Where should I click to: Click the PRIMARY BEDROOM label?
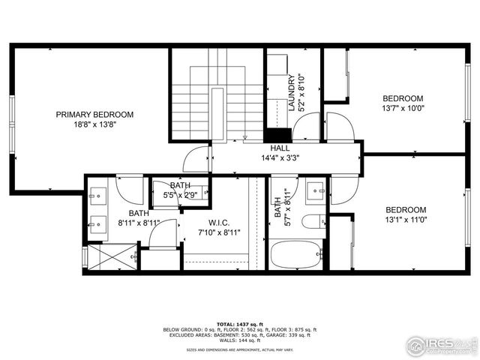[94, 115]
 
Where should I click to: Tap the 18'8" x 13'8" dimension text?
[94, 124]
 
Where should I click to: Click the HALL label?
[280, 148]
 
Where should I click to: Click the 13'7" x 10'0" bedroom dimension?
[403, 108]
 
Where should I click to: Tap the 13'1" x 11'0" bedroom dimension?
[405, 220]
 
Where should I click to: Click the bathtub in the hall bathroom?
[295, 255]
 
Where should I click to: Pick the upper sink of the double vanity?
[97, 197]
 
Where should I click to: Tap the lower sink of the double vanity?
[97, 223]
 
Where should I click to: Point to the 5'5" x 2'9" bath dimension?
[180, 195]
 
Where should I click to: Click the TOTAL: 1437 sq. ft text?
[240, 323]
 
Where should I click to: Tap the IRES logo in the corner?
[441, 346]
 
